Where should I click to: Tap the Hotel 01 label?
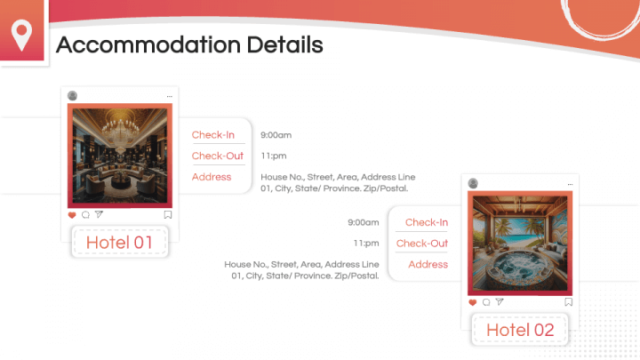pyautogui.click(x=119, y=242)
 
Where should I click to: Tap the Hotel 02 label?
pyautogui.click(x=520, y=331)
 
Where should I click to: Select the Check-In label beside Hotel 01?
pyautogui.click(x=213, y=135)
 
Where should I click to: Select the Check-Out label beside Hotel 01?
pyautogui.click(x=217, y=156)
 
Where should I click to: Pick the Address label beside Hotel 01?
pyautogui.click(x=212, y=177)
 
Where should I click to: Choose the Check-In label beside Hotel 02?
pyautogui.click(x=427, y=222)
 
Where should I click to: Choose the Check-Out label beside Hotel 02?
pyautogui.click(x=422, y=244)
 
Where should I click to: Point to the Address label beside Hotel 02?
pyautogui.click(x=428, y=264)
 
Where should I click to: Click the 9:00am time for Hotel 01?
pyautogui.click(x=276, y=135)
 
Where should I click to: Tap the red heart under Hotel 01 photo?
pyautogui.click(x=73, y=214)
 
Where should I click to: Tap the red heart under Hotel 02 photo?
pyautogui.click(x=473, y=302)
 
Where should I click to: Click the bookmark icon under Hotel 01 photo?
pyautogui.click(x=167, y=214)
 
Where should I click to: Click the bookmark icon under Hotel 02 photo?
pyautogui.click(x=567, y=302)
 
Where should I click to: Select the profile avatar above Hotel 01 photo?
pyautogui.click(x=72, y=95)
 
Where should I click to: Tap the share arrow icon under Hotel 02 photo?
pyautogui.click(x=500, y=302)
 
